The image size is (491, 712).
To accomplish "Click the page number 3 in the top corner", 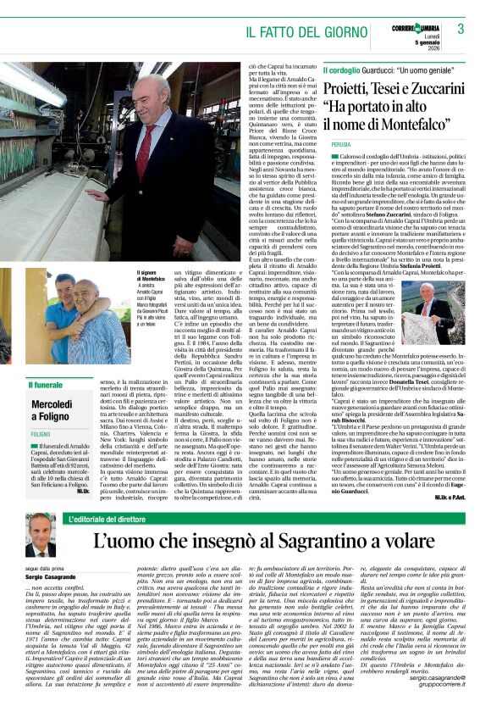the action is point(461,28).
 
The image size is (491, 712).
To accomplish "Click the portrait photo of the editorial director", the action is point(39,532).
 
